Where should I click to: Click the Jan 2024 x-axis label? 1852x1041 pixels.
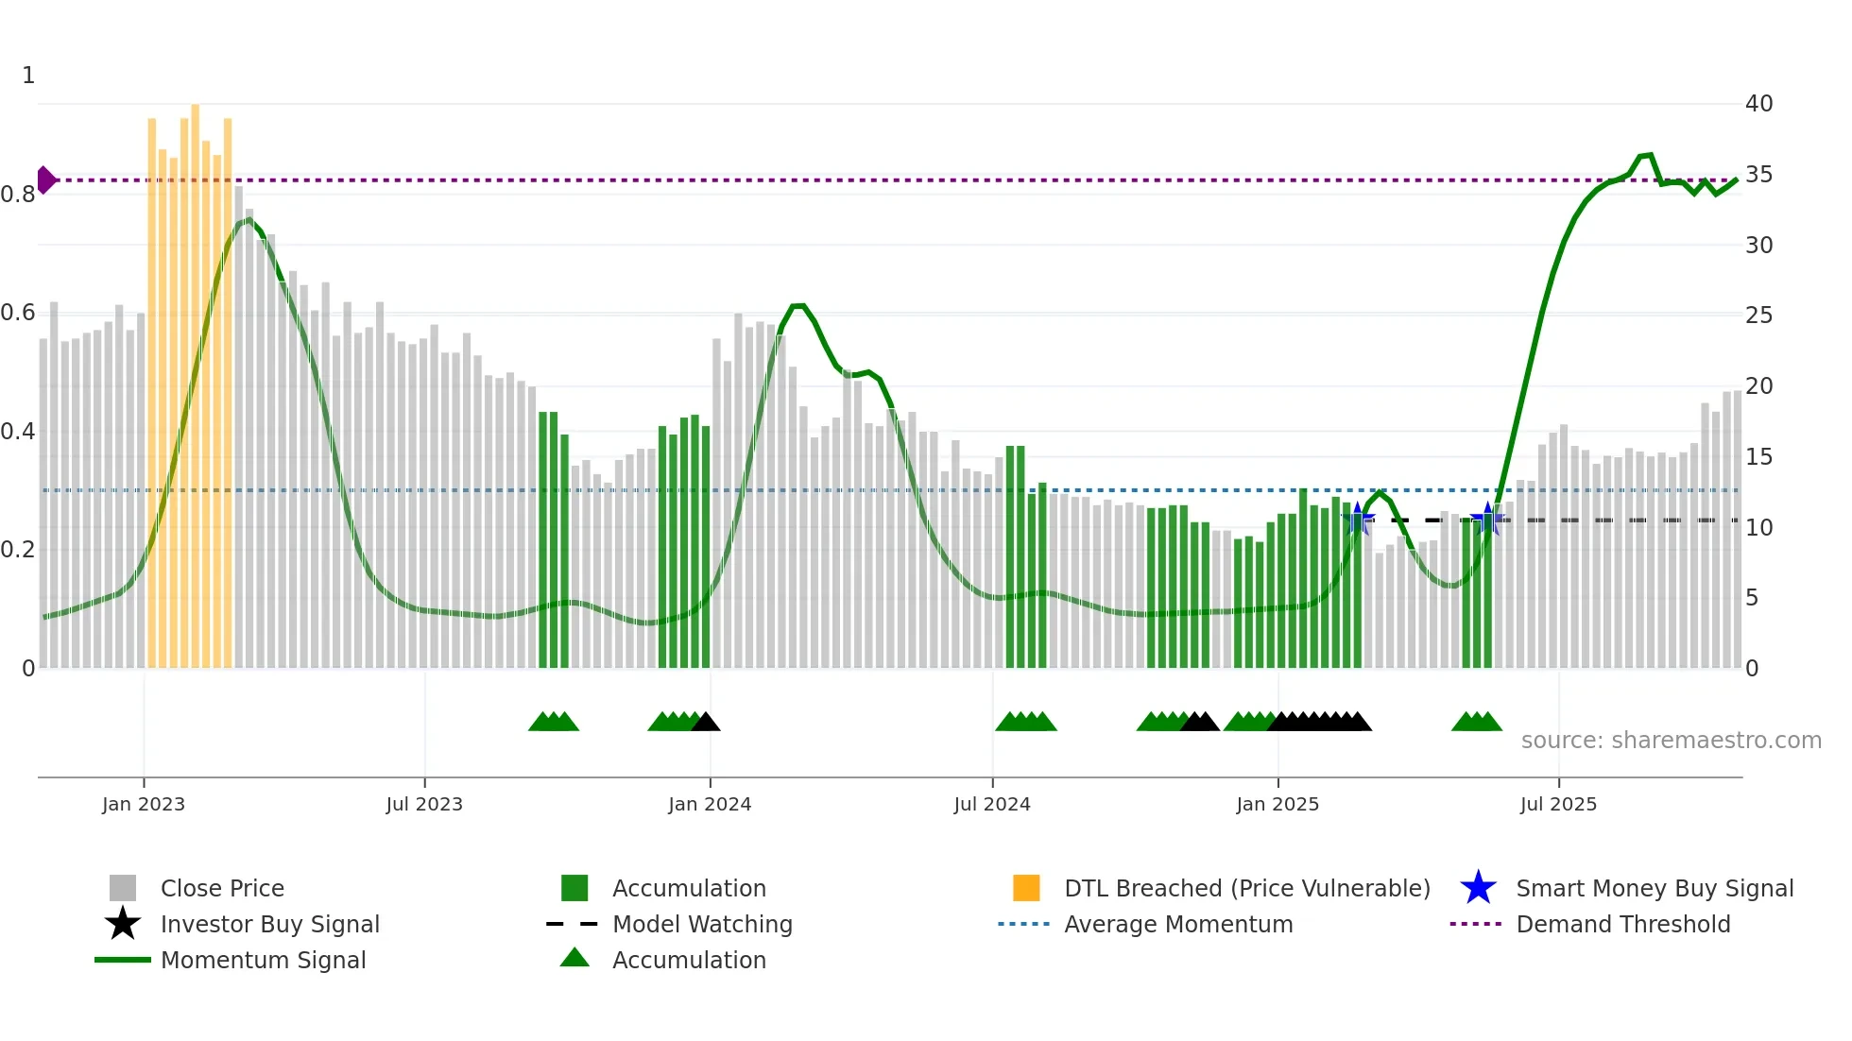click(710, 804)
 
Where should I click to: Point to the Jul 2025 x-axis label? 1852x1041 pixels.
click(1558, 804)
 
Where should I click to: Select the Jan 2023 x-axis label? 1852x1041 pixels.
click(144, 804)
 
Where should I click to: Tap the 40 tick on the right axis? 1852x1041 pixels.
click(1758, 104)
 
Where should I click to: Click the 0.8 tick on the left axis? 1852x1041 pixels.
click(18, 195)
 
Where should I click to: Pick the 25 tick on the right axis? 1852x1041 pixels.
click(1758, 316)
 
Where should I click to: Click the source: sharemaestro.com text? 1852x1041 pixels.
click(1671, 741)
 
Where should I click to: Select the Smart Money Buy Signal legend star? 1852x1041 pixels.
click(1478, 888)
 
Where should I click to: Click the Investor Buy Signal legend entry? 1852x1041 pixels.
click(269, 924)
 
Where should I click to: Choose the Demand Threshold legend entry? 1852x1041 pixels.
click(1622, 924)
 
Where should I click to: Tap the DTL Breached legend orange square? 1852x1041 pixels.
click(1026, 888)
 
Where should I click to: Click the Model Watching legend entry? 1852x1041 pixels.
click(701, 924)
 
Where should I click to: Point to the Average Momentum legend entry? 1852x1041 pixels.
click(1177, 924)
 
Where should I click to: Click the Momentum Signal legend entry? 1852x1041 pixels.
click(263, 960)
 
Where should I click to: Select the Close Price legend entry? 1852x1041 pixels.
click(221, 888)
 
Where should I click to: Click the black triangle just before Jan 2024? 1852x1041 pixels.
click(706, 722)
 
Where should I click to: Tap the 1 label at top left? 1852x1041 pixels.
click(28, 76)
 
